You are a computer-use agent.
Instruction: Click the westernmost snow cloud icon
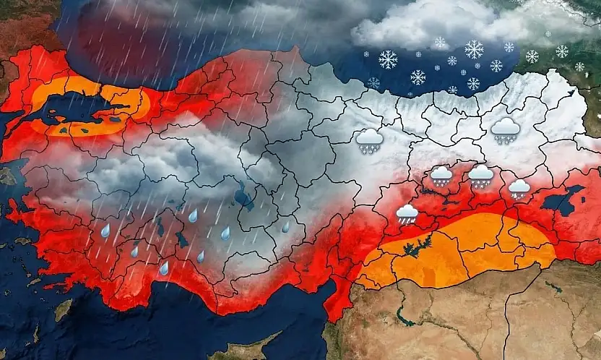click(369, 140)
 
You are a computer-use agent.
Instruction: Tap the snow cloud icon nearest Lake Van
click(519, 189)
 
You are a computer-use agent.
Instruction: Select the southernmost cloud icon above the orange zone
click(407, 213)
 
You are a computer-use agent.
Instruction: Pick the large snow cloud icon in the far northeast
click(505, 131)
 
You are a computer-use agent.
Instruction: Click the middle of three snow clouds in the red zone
click(480, 176)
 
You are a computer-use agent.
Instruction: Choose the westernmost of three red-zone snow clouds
click(441, 176)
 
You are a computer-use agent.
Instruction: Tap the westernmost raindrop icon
click(105, 231)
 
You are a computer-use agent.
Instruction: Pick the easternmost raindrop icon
click(286, 227)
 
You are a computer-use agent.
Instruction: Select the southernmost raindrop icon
click(164, 269)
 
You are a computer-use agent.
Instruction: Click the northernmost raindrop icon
click(193, 215)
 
